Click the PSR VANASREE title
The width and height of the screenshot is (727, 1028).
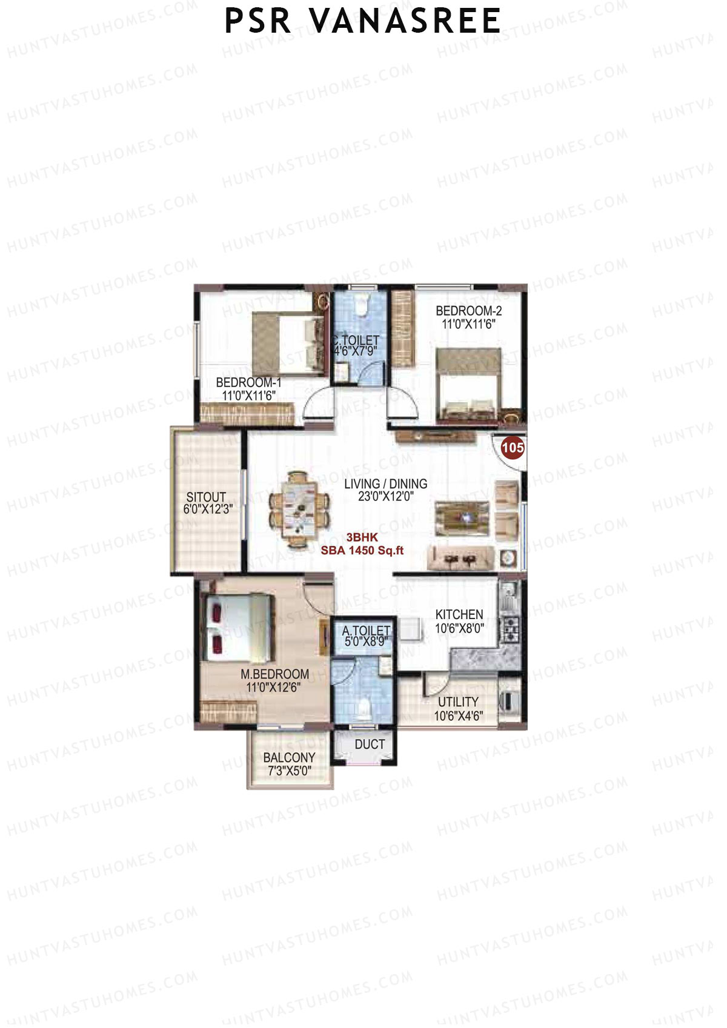click(362, 21)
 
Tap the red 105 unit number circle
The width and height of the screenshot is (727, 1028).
click(512, 448)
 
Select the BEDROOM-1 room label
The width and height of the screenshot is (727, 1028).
click(248, 383)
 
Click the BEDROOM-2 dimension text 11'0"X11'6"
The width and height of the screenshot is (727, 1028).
click(468, 324)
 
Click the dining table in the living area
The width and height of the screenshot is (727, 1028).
click(299, 509)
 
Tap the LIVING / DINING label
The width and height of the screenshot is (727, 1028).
click(385, 483)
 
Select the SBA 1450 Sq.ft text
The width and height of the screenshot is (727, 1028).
click(362, 551)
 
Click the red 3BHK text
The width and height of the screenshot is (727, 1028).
click(362, 537)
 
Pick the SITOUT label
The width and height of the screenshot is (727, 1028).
click(206, 497)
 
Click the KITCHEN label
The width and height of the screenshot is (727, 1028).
click(459, 614)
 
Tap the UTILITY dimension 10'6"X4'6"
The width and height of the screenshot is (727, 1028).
click(458, 715)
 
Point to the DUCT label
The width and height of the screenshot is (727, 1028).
click(370, 744)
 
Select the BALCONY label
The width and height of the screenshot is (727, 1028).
click(289, 757)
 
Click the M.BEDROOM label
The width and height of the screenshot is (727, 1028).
click(274, 674)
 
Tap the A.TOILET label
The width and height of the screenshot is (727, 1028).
click(365, 631)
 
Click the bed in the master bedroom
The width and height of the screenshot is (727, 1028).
click(237, 628)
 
